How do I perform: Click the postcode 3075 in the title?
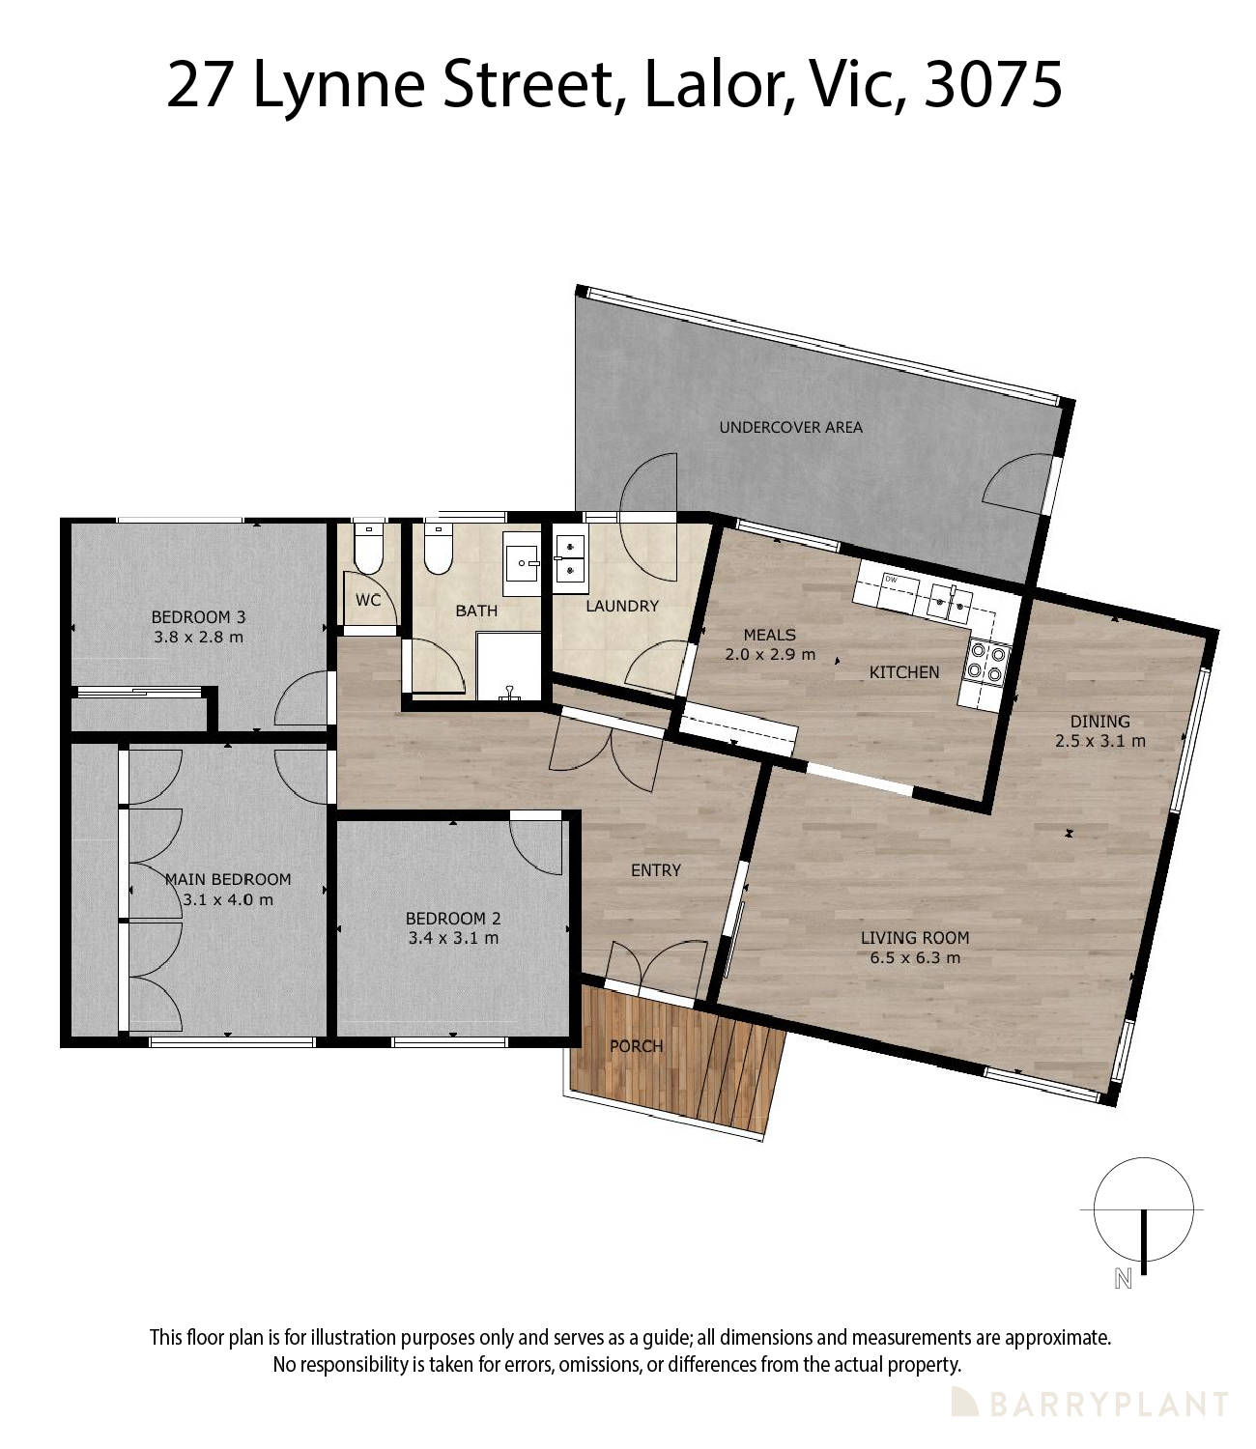point(993,85)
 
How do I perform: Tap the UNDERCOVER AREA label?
point(790,427)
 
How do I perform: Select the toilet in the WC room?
point(368,551)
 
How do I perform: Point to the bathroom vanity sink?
point(522,561)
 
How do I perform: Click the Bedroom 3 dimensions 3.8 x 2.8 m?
point(198,638)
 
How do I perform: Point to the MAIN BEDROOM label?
point(228,879)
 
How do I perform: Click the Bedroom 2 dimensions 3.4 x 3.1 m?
point(452,938)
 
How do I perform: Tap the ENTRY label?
point(656,870)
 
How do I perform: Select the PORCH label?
point(636,1046)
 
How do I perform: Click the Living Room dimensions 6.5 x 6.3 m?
point(914,958)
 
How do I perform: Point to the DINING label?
point(1099,721)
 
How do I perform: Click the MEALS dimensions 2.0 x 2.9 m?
point(769,654)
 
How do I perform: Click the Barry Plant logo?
point(1089,1404)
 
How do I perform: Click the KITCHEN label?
point(903,672)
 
